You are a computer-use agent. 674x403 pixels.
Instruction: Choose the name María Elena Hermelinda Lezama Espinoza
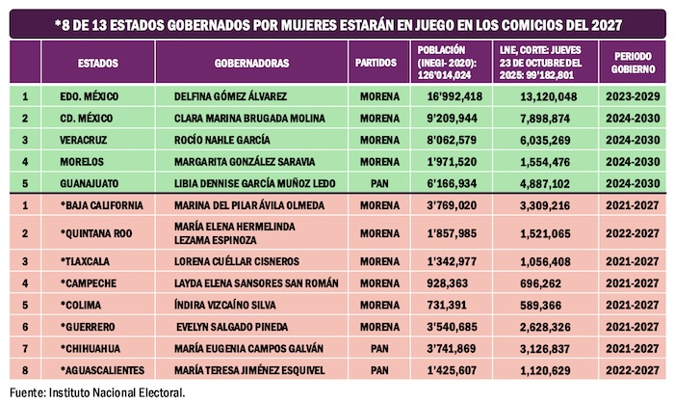(236, 232)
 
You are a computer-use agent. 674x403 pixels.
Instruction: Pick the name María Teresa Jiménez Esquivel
(245, 370)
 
